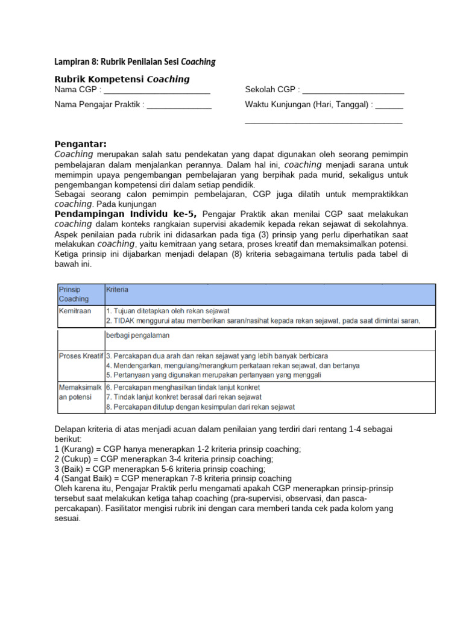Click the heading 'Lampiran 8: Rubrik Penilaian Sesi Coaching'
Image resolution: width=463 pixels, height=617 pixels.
tap(134, 62)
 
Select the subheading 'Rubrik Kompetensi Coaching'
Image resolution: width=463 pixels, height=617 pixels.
tap(122, 79)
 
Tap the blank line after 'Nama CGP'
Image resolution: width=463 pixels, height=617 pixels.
tap(157, 91)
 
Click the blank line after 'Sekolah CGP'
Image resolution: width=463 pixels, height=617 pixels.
tap(353, 91)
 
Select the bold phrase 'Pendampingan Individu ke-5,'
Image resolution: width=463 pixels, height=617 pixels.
tap(127, 214)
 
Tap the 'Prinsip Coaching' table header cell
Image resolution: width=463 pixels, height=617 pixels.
tap(74, 294)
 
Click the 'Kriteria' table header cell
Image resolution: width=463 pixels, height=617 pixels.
tap(117, 290)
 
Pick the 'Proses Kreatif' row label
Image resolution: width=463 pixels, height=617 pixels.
tap(81, 355)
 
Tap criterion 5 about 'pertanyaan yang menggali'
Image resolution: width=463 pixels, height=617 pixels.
tap(213, 375)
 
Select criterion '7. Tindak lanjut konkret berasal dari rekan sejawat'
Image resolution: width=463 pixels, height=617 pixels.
tap(183, 396)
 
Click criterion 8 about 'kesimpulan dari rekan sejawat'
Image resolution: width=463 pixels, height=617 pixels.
tap(200, 407)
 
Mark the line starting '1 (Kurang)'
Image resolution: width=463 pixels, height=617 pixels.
tap(177, 449)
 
